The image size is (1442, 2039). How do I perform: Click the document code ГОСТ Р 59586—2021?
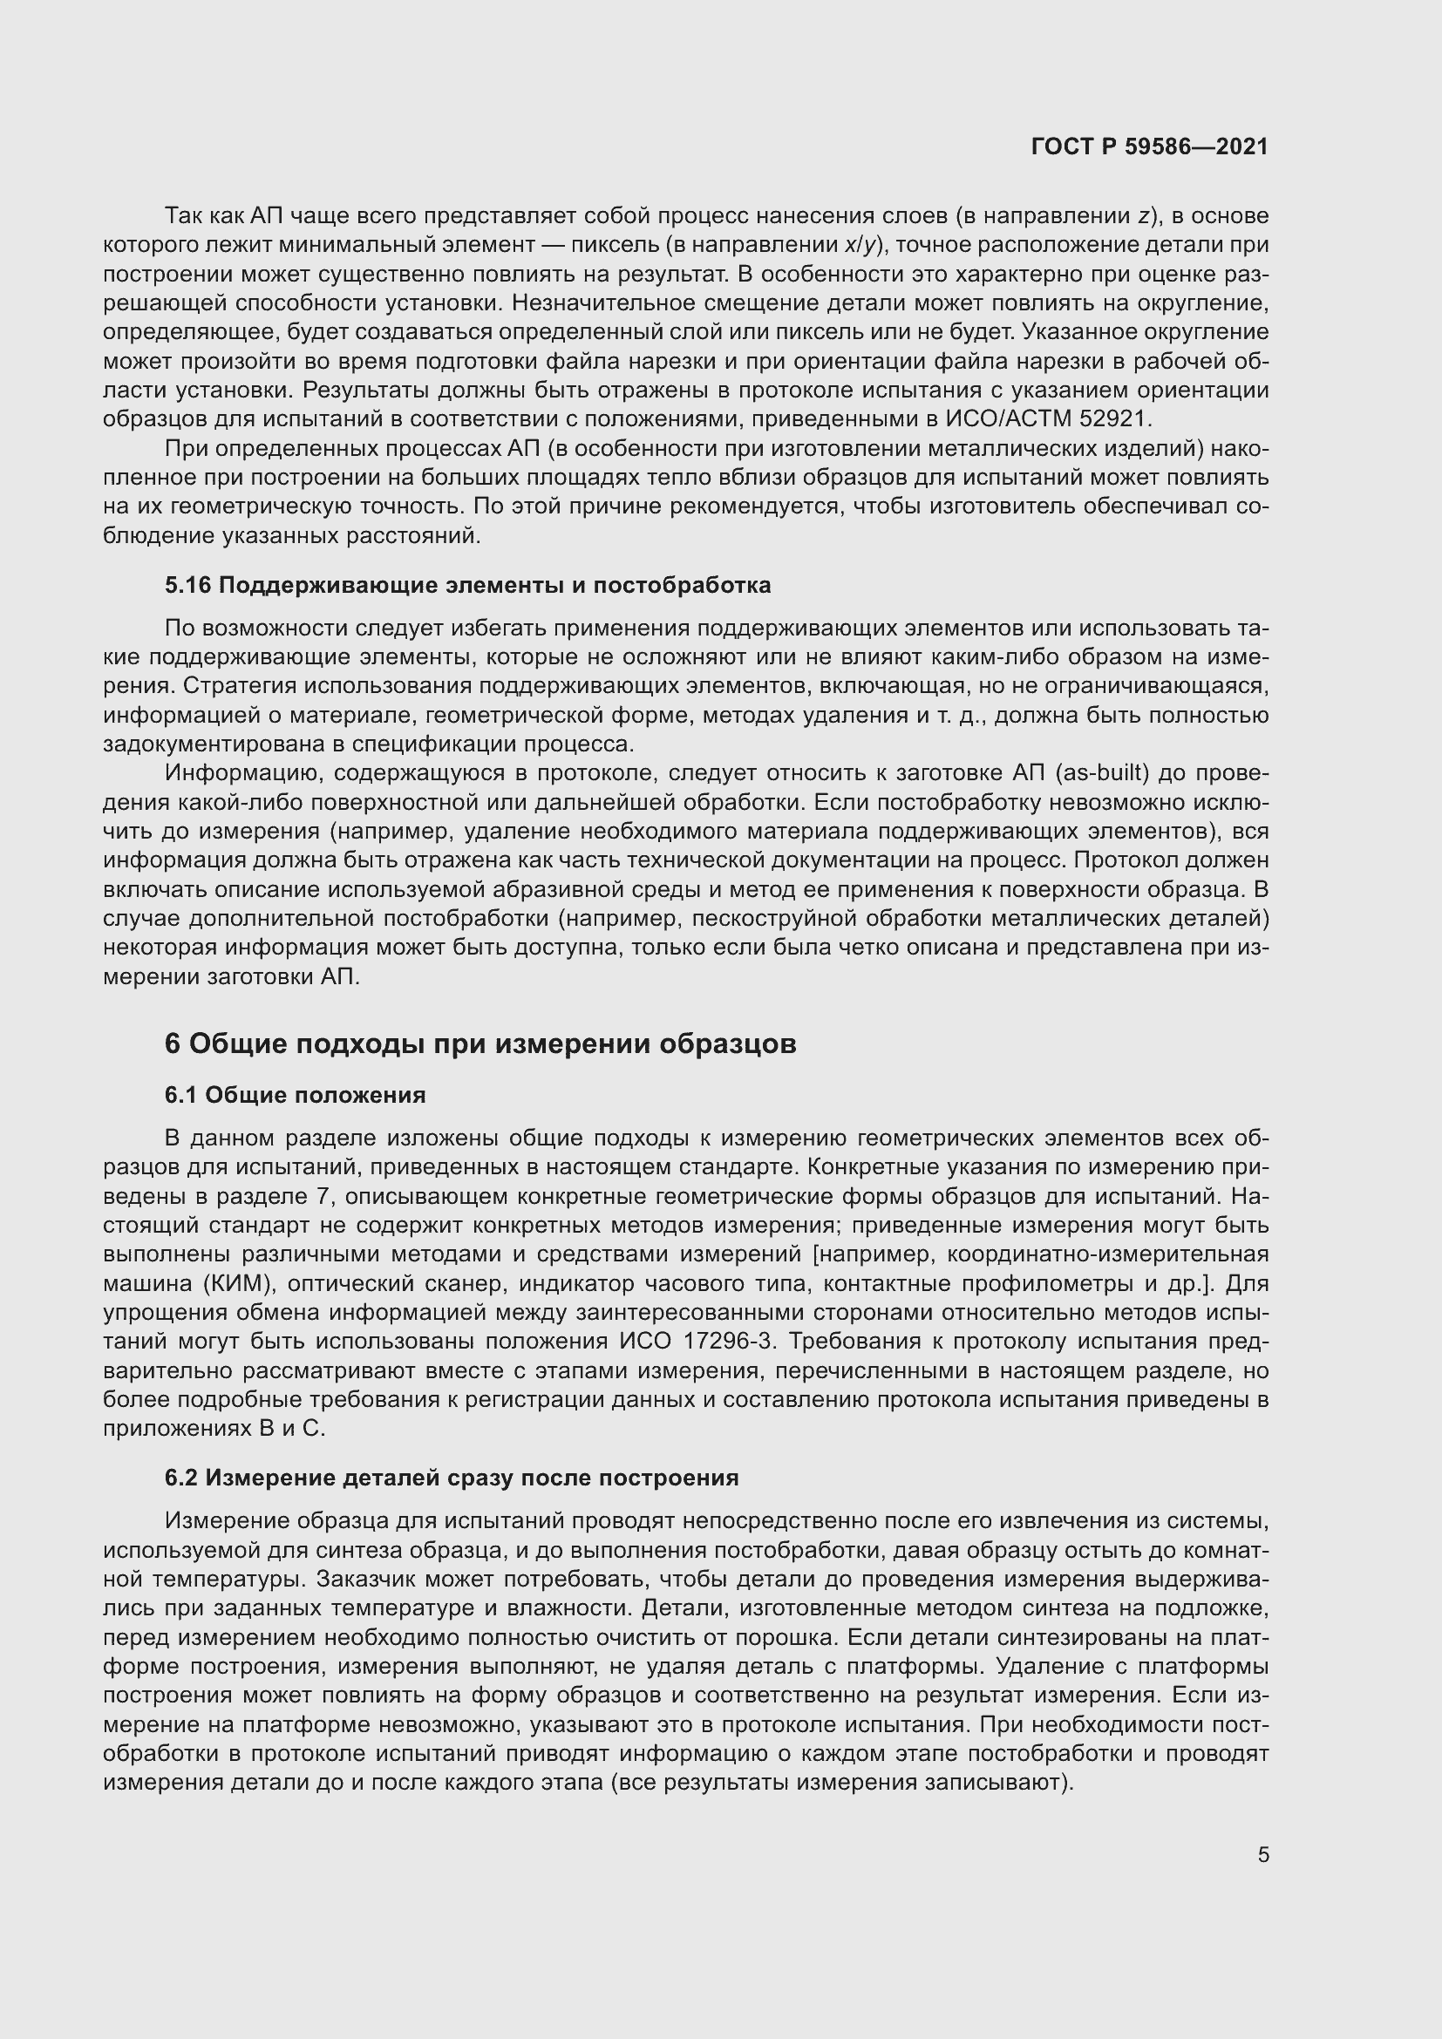(x=1149, y=146)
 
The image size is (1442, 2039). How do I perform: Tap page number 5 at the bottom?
(x=1262, y=1854)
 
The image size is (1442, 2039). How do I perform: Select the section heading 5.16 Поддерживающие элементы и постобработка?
(x=467, y=585)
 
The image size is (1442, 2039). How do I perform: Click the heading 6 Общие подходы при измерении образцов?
(x=480, y=1043)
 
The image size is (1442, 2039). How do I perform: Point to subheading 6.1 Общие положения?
(x=295, y=1095)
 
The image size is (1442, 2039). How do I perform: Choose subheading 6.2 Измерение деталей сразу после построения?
(x=451, y=1478)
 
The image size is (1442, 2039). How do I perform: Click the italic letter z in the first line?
(x=1145, y=216)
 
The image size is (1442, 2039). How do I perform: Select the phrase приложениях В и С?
(x=214, y=1429)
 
